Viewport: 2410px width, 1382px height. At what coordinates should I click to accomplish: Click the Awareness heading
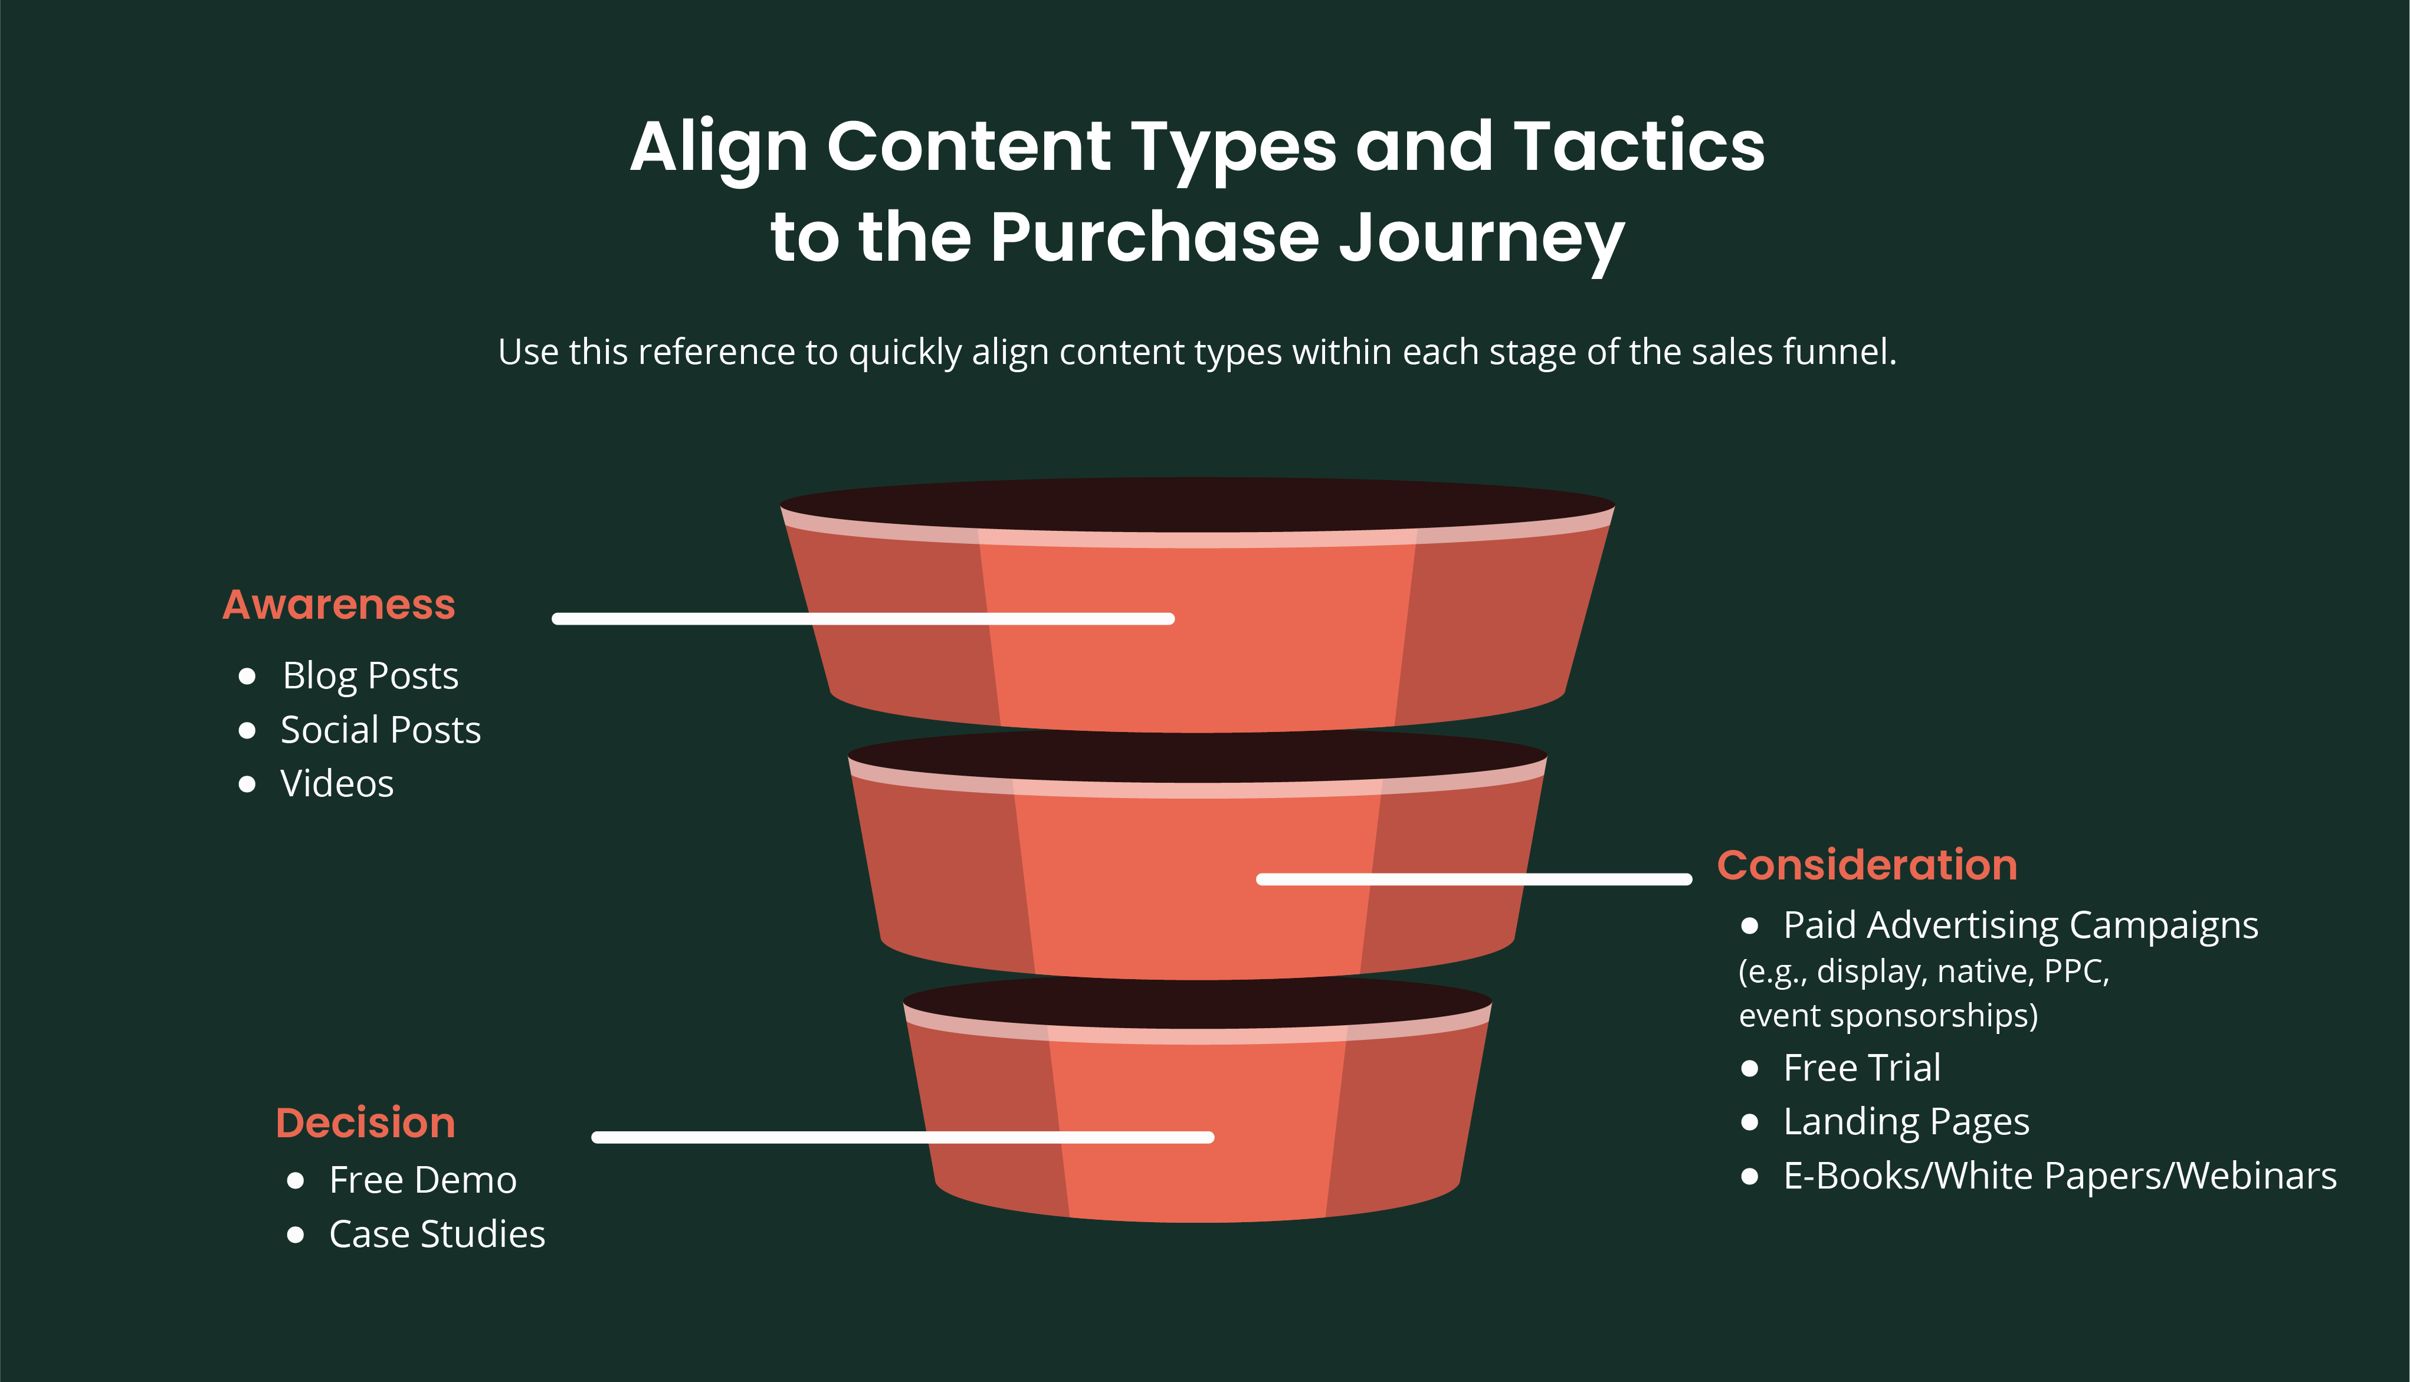[339, 605]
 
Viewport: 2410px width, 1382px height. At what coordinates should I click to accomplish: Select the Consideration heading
[1867, 865]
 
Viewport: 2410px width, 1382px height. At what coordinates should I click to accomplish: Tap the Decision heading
[365, 1123]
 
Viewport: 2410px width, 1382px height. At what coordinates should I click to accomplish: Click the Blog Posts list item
[370, 677]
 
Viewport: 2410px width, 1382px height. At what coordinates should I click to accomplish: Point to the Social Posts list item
[381, 730]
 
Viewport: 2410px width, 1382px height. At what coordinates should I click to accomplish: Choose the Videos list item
[337, 784]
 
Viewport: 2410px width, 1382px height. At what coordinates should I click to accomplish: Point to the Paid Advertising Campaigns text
[2021, 925]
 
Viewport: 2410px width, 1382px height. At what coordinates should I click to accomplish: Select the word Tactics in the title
[1640, 146]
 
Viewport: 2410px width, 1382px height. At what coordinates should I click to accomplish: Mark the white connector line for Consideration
[1474, 879]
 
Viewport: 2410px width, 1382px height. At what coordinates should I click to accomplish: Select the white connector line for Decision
[903, 1137]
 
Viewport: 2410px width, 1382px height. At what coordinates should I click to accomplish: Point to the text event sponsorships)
[1888, 1016]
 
